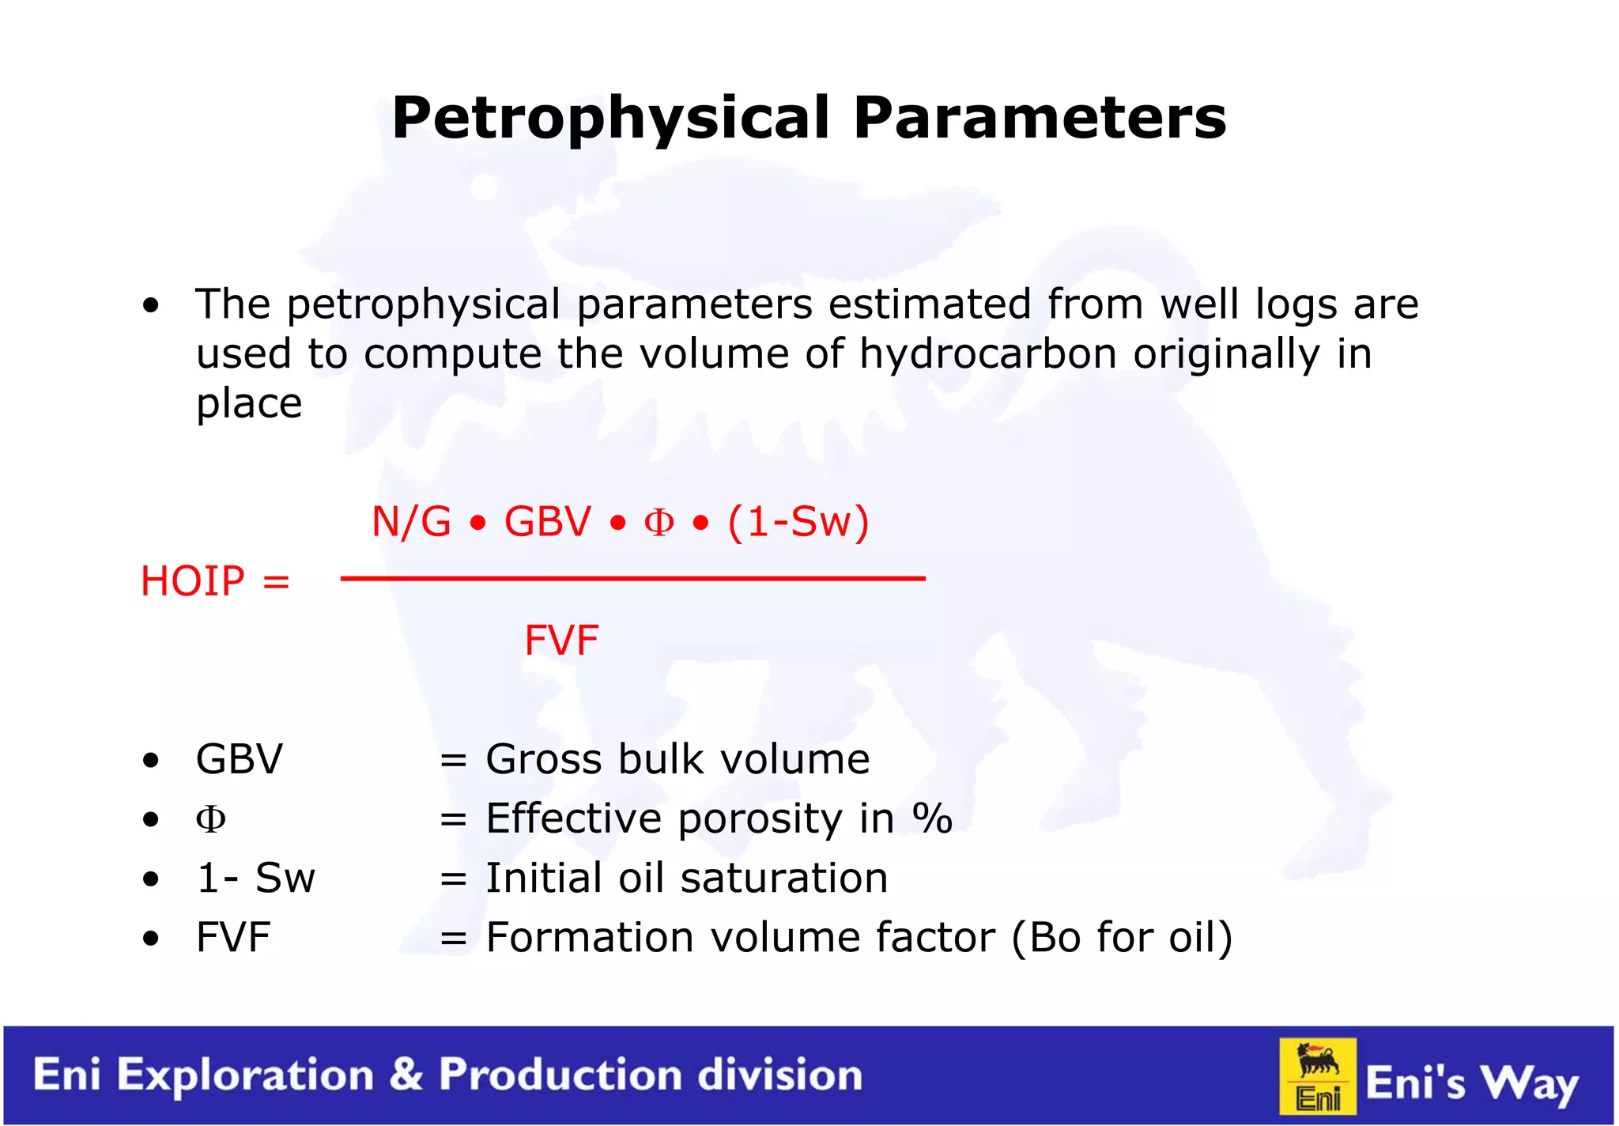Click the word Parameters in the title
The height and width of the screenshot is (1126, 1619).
[1040, 119]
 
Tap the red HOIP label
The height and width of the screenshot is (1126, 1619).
[192, 581]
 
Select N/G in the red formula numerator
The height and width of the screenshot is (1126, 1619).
[411, 522]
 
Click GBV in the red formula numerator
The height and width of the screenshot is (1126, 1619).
[547, 522]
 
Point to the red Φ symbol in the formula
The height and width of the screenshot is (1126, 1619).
[659, 523]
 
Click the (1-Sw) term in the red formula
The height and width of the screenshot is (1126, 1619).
[798, 522]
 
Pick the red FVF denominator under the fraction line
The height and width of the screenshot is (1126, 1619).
[561, 640]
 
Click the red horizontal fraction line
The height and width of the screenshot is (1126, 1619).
[632, 579]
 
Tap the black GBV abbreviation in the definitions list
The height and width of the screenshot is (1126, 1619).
[239, 759]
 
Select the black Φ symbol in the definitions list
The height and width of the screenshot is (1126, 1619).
[210, 819]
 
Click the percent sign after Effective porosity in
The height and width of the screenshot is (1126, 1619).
[932, 818]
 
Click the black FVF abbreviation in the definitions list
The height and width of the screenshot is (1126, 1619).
[233, 938]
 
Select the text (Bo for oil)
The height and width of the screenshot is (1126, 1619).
[1122, 938]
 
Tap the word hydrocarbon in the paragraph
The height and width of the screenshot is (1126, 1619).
[987, 353]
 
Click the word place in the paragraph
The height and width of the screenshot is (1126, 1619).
[249, 403]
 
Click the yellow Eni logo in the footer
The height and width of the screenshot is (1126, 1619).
[1318, 1076]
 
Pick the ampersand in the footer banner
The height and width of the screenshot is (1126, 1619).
[406, 1075]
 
